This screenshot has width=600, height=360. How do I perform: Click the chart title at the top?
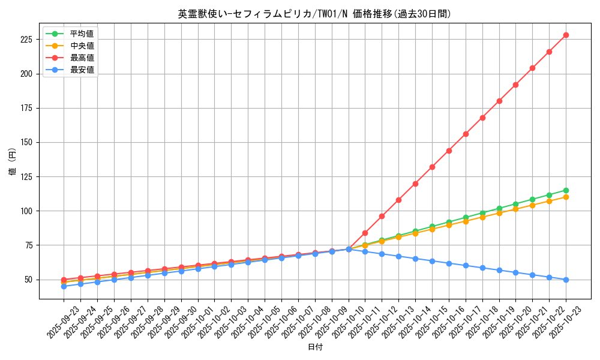click(314, 14)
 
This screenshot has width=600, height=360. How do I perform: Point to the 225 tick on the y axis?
click(28, 40)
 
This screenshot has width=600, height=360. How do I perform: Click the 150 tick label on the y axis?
click(28, 142)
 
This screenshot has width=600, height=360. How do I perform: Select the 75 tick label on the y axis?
click(30, 245)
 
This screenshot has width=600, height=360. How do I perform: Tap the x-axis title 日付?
click(314, 347)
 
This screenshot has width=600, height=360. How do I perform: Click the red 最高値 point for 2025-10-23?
click(566, 35)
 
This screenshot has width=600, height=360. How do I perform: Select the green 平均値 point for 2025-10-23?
click(566, 190)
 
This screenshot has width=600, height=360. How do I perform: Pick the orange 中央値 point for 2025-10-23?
click(566, 197)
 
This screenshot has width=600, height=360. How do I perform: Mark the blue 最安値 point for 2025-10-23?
click(566, 280)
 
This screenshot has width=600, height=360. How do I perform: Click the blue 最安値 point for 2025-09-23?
click(64, 286)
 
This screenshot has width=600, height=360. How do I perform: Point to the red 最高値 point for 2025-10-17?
click(466, 134)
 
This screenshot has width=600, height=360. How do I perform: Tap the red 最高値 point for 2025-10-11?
click(365, 233)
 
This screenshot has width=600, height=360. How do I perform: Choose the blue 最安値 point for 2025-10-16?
click(449, 263)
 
